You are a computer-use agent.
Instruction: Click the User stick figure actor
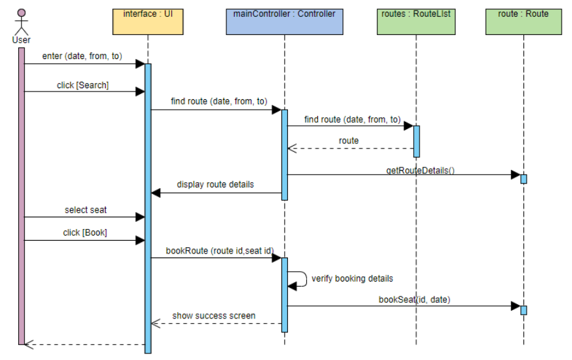point(21,21)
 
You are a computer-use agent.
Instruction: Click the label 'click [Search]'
point(83,86)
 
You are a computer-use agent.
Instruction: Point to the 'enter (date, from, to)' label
point(82,56)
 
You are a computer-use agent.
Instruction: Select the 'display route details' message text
point(215,184)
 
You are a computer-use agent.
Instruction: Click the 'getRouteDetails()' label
point(420,171)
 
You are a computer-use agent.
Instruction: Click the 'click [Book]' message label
point(85,232)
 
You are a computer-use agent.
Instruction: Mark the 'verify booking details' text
point(352,278)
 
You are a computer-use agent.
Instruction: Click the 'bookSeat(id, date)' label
point(414,299)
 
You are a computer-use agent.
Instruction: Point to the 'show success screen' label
point(214,316)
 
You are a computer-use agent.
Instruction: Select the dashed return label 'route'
point(348,140)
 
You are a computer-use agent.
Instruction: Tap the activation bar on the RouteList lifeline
point(416,141)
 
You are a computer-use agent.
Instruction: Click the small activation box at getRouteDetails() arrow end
point(523,178)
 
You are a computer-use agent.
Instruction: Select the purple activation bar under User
point(21,195)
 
